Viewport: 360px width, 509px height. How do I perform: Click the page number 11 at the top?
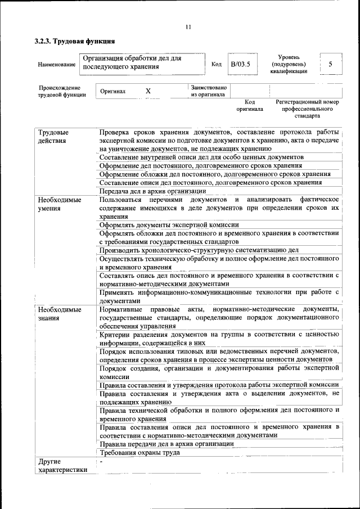pos(188,26)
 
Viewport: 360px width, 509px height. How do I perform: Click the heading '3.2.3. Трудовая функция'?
pos(75,41)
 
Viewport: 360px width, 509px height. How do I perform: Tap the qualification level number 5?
pos(331,64)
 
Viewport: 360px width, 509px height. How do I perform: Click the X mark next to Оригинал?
pos(148,91)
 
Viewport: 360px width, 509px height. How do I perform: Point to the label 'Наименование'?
pos(57,65)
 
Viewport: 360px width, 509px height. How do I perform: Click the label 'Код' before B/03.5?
pos(216,64)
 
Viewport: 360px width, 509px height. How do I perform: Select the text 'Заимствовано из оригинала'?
pos(209,92)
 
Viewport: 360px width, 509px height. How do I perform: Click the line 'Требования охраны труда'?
pos(139,452)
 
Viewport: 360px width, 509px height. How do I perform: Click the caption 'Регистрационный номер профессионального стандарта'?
pos(307,109)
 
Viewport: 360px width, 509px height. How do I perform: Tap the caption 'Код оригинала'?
pos(250,105)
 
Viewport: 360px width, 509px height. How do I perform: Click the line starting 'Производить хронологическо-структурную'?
pos(199,250)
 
